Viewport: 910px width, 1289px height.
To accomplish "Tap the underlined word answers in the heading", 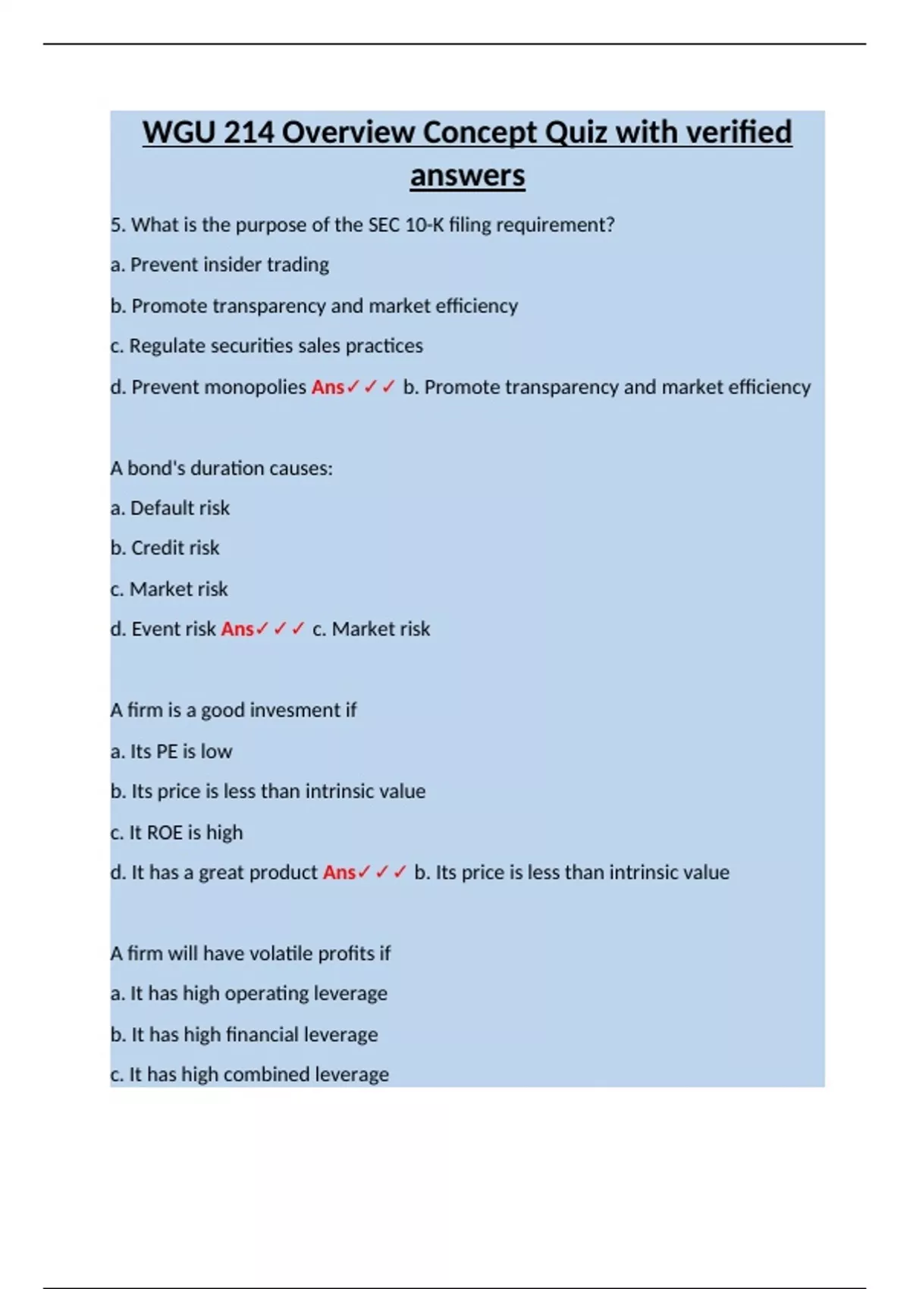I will tap(467, 176).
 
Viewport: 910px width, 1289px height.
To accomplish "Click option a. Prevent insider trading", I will tap(220, 265).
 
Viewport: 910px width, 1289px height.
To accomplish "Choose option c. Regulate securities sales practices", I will tap(266, 346).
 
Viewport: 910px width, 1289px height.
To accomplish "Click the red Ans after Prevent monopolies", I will tap(328, 387).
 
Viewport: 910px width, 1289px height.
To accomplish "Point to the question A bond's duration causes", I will tap(221, 469).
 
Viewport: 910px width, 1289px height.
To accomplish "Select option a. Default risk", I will tap(170, 508).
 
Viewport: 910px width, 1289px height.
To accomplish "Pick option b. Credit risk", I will tap(165, 548).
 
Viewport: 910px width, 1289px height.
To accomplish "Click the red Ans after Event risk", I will tap(237, 629).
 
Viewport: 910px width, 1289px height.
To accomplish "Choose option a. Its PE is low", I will tap(171, 751).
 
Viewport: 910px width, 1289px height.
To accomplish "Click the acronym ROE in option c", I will tap(165, 833).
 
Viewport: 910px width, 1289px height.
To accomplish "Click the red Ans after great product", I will tap(339, 873).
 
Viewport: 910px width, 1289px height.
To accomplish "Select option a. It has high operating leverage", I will tap(249, 993).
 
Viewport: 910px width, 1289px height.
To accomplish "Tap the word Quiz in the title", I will tap(576, 133).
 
